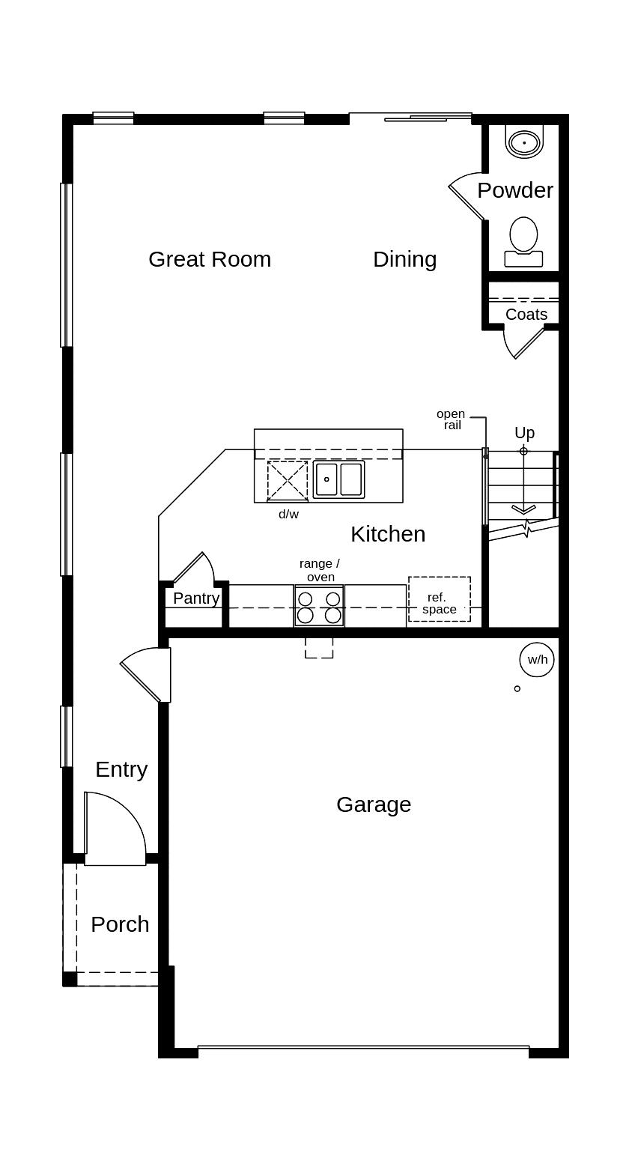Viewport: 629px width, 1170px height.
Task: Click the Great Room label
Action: click(210, 259)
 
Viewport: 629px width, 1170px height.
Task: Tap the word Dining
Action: click(404, 259)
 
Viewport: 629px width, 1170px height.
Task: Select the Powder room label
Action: click(515, 190)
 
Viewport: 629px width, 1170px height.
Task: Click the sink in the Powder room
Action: click(524, 142)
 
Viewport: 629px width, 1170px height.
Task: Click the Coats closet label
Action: click(526, 315)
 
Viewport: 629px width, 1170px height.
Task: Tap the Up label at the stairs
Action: click(524, 433)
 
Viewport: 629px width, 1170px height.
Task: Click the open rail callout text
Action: click(451, 419)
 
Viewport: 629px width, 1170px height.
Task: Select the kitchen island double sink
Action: click(339, 479)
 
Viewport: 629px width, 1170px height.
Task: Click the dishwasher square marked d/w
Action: click(288, 481)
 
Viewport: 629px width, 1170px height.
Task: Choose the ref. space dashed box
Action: click(440, 599)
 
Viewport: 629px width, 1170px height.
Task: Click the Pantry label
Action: click(196, 598)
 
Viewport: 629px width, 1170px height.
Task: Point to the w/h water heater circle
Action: click(537, 660)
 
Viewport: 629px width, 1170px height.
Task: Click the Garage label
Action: click(374, 804)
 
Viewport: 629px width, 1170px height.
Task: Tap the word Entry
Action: click(121, 769)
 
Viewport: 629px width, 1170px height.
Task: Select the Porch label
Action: click(120, 924)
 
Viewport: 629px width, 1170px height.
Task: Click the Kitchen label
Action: click(388, 534)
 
